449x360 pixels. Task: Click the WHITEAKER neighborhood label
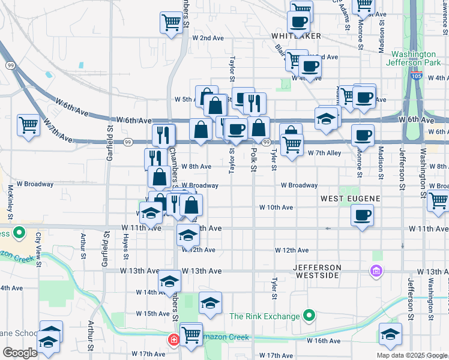click(x=295, y=36)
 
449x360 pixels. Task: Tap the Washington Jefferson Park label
click(x=412, y=58)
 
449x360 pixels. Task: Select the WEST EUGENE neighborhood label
click(x=348, y=198)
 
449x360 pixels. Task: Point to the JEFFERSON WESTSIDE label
click(x=318, y=271)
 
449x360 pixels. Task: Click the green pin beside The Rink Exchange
click(x=309, y=316)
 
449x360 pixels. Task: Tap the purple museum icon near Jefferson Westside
click(x=376, y=271)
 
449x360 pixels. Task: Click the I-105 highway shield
click(x=417, y=76)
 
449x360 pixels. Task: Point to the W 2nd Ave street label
click(x=208, y=38)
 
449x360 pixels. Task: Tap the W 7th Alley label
click(x=324, y=153)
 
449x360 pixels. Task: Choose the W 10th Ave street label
click(x=276, y=207)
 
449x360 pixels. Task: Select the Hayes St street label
click(x=126, y=247)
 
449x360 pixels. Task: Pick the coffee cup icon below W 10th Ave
click(x=362, y=215)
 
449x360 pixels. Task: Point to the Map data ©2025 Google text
click(x=411, y=355)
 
